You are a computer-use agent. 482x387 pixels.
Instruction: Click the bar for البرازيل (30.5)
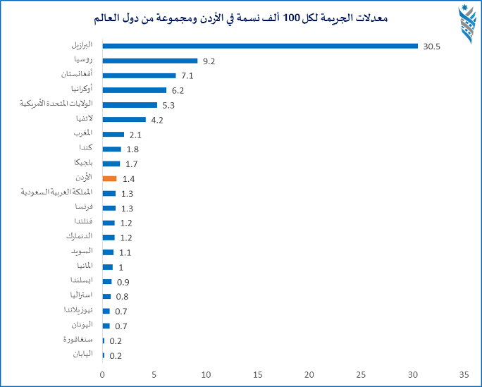pyautogui.click(x=260, y=47)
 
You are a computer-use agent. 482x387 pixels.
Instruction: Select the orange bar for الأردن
pyautogui.click(x=109, y=179)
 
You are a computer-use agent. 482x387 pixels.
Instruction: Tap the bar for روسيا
pyautogui.click(x=149, y=61)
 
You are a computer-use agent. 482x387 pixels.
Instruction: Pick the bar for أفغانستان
pyautogui.click(x=139, y=75)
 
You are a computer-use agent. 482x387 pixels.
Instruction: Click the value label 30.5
pyautogui.click(x=432, y=47)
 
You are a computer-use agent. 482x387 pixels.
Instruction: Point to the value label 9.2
pyautogui.click(x=209, y=61)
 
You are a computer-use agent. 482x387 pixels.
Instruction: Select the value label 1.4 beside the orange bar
pyautogui.click(x=128, y=179)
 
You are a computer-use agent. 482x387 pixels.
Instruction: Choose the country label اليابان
pyautogui.click(x=82, y=355)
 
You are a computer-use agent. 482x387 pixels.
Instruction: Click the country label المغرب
pyautogui.click(x=82, y=134)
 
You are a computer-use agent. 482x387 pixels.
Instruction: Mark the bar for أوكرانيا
pyautogui.click(x=135, y=90)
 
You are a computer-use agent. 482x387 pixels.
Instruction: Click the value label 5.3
pyautogui.click(x=168, y=105)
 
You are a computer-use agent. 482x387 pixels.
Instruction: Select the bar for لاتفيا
pyautogui.click(x=124, y=120)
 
